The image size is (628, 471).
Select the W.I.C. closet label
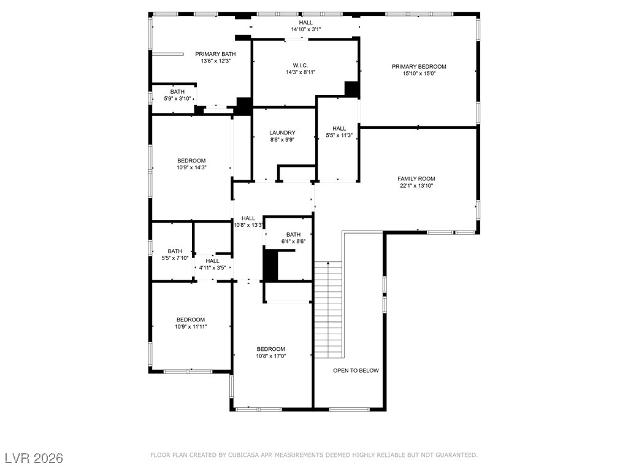click(x=300, y=65)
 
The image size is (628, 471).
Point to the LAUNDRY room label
click(x=282, y=133)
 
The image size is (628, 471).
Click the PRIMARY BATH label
click(x=215, y=54)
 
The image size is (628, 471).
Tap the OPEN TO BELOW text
click(x=356, y=370)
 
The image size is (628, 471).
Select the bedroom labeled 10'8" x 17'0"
click(x=270, y=349)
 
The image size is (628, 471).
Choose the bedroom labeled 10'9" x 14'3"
click(x=191, y=161)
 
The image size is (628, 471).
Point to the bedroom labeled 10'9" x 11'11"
click(x=191, y=320)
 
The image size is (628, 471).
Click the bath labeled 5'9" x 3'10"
click(x=177, y=92)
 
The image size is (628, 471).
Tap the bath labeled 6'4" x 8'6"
click(x=293, y=234)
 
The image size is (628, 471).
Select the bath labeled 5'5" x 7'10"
click(x=175, y=251)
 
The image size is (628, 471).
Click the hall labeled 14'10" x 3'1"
click(x=305, y=23)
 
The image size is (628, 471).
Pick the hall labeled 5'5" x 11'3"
click(x=339, y=129)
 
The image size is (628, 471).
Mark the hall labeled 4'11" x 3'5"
click(x=212, y=261)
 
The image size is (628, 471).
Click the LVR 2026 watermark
click(x=34, y=458)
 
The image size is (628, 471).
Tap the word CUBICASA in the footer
click(x=243, y=455)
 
